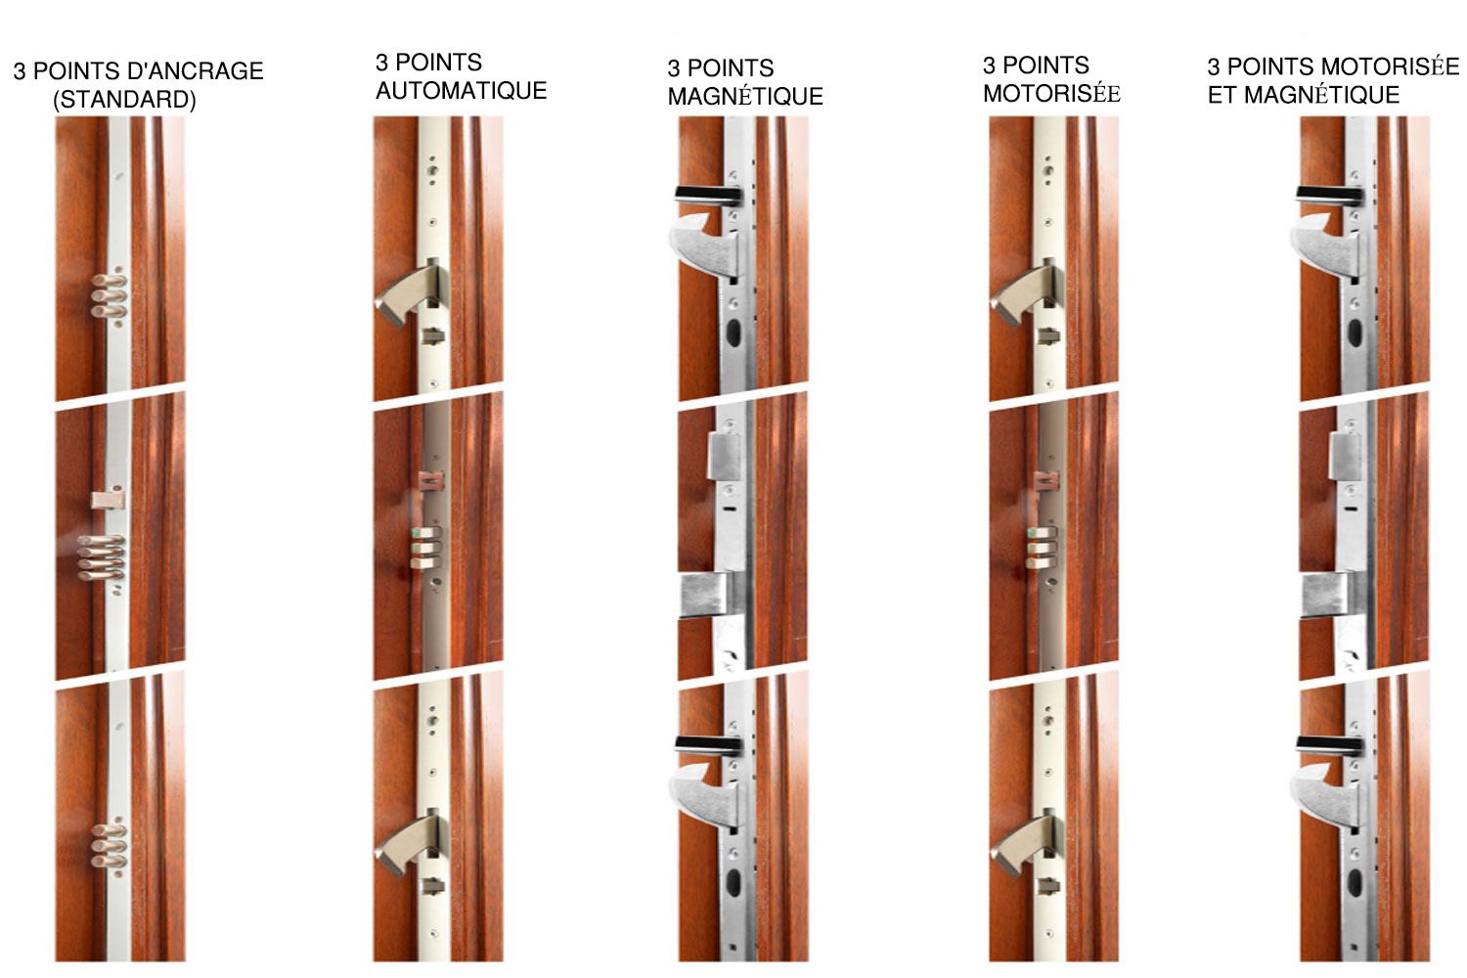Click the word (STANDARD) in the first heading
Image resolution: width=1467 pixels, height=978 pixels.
point(124,100)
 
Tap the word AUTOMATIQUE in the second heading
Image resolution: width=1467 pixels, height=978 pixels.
point(461,90)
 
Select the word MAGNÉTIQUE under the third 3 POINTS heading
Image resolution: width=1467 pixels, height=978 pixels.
point(745,96)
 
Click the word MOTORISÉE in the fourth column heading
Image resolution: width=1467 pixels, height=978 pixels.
point(1051,94)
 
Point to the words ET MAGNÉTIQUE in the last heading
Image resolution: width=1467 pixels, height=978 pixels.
point(1304,95)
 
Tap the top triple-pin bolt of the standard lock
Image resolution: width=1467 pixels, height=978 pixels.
point(108,294)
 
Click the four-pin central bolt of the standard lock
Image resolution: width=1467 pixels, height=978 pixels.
point(102,558)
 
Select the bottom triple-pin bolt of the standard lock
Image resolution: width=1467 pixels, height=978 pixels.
point(108,846)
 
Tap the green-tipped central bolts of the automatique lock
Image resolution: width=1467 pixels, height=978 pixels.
point(424,548)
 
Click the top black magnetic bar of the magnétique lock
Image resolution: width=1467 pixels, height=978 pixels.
point(709,194)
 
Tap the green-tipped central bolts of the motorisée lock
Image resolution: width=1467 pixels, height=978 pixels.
point(1042,548)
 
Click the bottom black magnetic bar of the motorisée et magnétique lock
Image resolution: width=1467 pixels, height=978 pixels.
point(1330,743)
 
